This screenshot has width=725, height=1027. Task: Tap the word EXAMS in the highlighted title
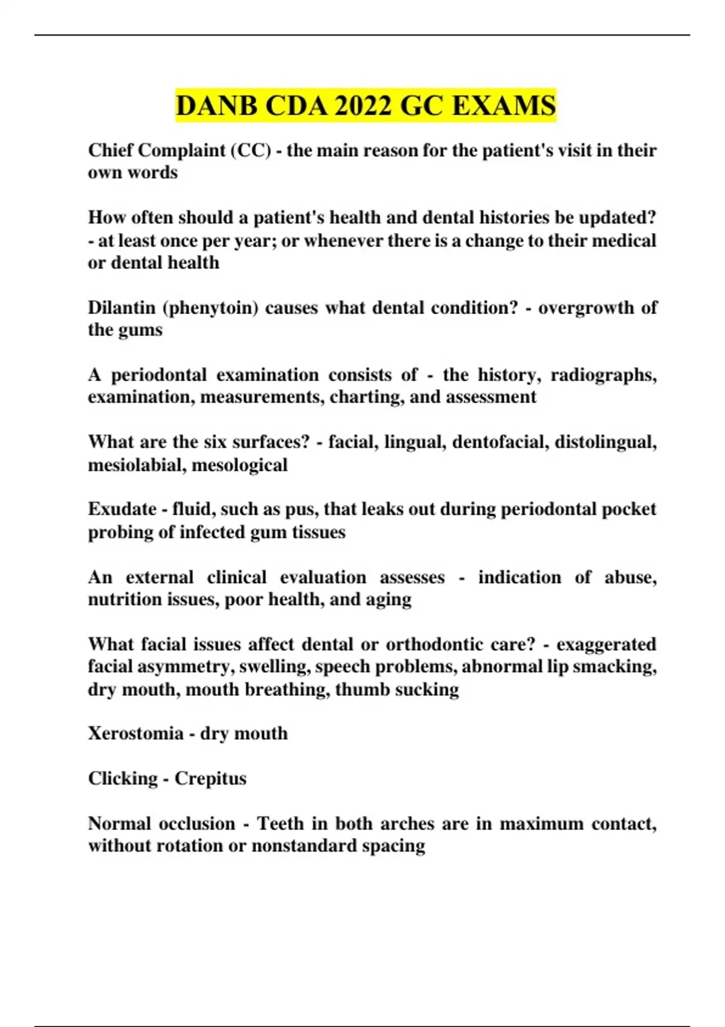pos(503,106)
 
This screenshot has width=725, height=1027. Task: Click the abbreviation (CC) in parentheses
pos(251,150)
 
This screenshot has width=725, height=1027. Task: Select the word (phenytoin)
pos(211,308)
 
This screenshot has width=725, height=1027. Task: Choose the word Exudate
pos(122,509)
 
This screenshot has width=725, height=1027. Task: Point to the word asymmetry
pos(185,667)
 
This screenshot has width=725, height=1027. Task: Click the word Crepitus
pos(210,779)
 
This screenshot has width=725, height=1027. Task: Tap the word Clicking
pos(123,779)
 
